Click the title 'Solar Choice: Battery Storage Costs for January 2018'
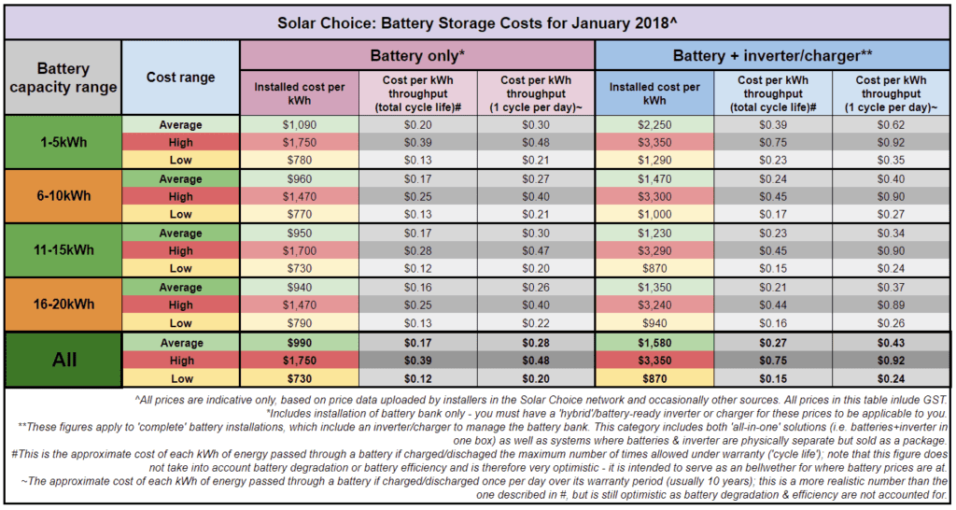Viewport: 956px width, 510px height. coord(477,20)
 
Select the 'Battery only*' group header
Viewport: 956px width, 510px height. coord(417,55)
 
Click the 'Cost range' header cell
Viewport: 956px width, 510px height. coord(180,77)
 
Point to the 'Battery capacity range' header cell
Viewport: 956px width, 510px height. coord(63,78)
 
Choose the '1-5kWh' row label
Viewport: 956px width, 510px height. coord(63,142)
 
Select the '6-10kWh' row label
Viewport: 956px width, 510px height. coord(63,196)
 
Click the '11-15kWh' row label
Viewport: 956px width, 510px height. coord(63,250)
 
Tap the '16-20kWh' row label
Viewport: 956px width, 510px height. coord(63,305)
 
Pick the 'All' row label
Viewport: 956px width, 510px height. coord(63,360)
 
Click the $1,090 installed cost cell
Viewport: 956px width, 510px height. coord(300,124)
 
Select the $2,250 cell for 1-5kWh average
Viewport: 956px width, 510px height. coord(654,124)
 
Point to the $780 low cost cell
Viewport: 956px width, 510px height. coord(300,160)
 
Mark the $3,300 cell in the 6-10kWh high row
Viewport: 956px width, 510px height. coord(654,196)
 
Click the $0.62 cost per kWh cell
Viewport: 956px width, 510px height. coord(892,124)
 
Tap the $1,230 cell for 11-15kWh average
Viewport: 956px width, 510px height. coord(654,233)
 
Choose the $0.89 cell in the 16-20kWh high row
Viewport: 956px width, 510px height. coord(892,305)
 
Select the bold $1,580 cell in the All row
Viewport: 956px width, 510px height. coord(654,342)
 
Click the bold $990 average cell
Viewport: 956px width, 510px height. coord(300,342)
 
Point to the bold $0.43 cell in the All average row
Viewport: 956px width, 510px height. coord(892,342)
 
